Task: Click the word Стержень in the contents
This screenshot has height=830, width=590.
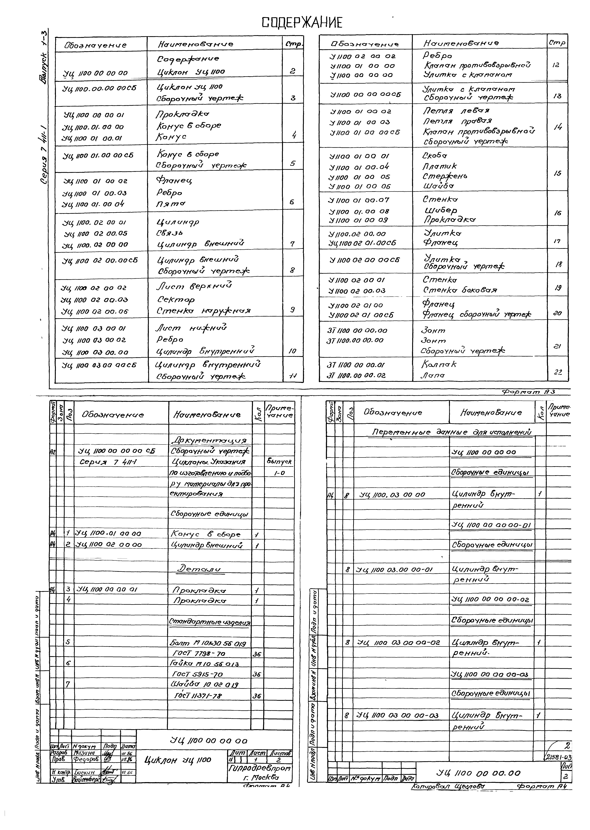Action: (445, 176)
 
